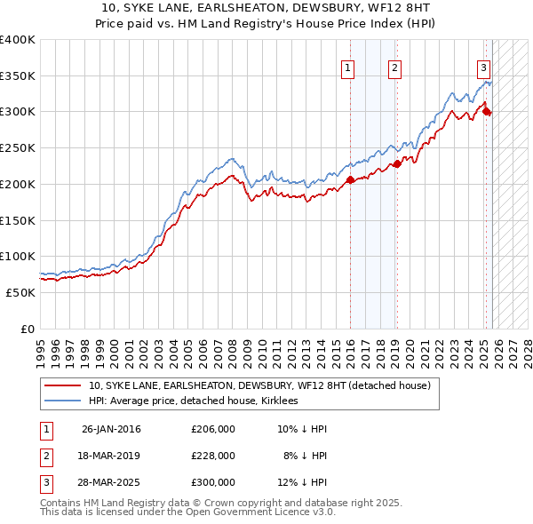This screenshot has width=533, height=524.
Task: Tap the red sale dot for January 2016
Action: pyautogui.click(x=350, y=179)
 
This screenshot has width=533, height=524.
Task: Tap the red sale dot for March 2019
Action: pyautogui.click(x=398, y=163)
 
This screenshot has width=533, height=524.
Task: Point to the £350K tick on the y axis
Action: pyautogui.click(x=18, y=76)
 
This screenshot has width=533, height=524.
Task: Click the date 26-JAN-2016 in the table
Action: pyautogui.click(x=111, y=429)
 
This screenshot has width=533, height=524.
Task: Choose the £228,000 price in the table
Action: pyautogui.click(x=213, y=455)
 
